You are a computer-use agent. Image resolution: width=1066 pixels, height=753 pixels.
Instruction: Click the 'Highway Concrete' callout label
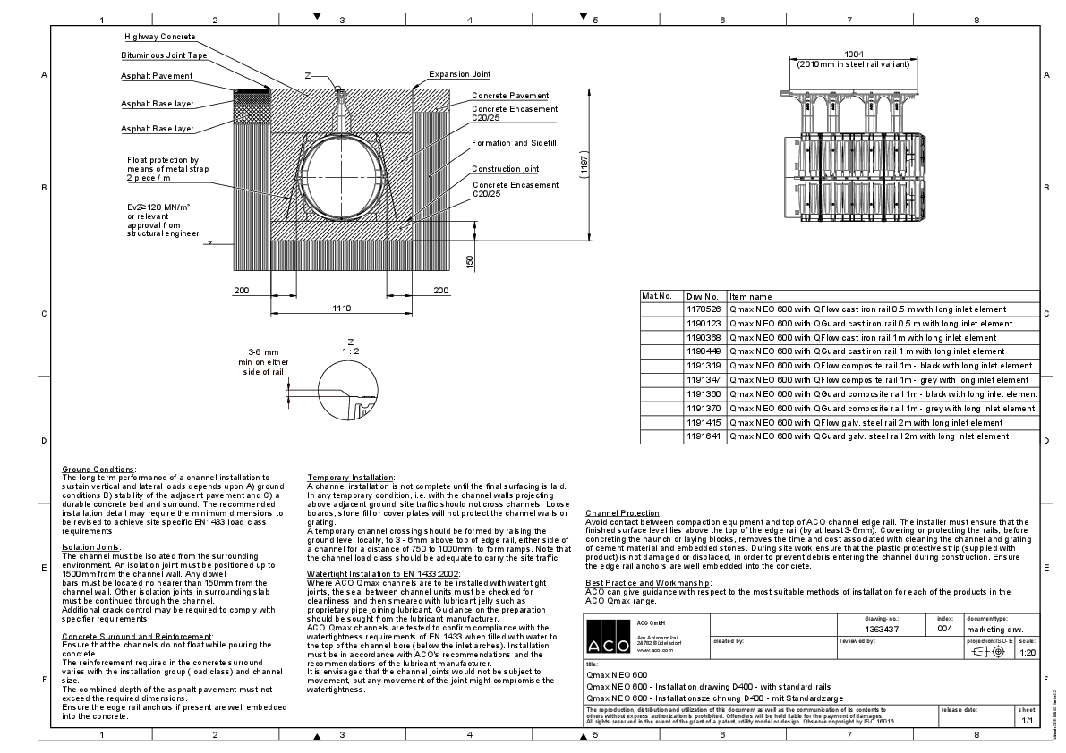(x=158, y=37)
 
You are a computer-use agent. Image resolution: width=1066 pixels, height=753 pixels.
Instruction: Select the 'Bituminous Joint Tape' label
(x=164, y=55)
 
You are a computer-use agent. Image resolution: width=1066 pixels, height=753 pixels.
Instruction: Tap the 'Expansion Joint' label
(x=459, y=74)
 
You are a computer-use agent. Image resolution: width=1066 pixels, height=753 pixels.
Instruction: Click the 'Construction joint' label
(x=505, y=169)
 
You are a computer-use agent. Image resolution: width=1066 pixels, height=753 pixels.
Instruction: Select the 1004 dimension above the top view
(x=848, y=55)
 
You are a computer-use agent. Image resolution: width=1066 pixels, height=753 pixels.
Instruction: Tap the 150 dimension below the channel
(x=469, y=261)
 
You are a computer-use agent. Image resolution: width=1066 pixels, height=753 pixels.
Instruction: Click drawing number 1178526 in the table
(x=703, y=309)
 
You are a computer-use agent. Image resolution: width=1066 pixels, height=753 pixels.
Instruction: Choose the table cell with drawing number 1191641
(x=703, y=436)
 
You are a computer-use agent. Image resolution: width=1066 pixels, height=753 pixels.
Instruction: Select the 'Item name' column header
(x=750, y=296)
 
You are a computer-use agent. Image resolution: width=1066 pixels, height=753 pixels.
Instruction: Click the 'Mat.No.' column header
(x=656, y=296)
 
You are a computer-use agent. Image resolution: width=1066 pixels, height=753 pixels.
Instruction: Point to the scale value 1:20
(x=1027, y=653)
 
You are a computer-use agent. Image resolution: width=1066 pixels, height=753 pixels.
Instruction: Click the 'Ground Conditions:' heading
(x=98, y=470)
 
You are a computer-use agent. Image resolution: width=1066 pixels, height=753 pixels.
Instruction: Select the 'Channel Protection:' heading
(x=623, y=512)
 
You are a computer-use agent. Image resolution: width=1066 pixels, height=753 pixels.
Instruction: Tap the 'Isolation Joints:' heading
(x=90, y=546)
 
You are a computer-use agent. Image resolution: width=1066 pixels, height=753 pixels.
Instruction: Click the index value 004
(x=944, y=630)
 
